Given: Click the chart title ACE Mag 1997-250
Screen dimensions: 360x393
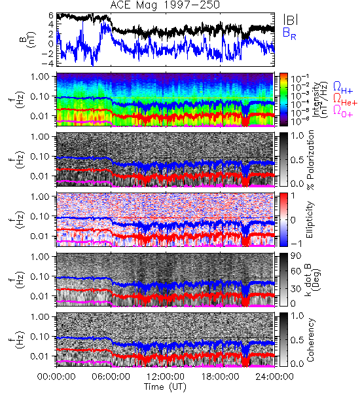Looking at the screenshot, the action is [165, 5].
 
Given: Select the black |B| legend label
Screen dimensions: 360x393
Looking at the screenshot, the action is [291, 20].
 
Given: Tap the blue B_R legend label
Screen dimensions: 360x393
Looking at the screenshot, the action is [289, 33].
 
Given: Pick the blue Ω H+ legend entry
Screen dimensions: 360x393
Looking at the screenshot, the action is [343, 88].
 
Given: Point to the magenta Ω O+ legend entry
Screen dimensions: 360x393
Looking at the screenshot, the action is [343, 111].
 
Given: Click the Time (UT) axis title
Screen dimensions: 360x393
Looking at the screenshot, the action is [166, 386].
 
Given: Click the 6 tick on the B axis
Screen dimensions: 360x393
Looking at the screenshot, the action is [51, 16].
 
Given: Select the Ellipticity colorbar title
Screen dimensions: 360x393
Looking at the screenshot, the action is [310, 219].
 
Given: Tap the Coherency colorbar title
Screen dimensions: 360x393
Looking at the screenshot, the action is [310, 340].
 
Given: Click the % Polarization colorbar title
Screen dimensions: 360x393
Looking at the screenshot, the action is [310, 160].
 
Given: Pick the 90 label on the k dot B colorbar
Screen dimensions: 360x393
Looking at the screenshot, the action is [296, 256].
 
